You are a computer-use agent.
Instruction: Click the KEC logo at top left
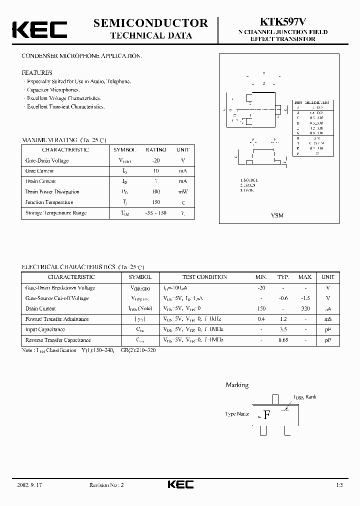pyautogui.click(x=39, y=29)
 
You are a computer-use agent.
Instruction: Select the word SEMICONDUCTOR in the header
pyautogui.click(x=150, y=22)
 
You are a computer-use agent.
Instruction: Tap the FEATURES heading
pyautogui.click(x=36, y=72)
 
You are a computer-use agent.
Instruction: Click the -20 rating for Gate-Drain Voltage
pyautogui.click(x=155, y=160)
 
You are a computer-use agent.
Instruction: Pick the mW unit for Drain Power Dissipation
pyautogui.click(x=182, y=192)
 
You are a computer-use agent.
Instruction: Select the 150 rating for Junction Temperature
pyautogui.click(x=155, y=202)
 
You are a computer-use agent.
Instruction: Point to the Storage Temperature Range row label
pyautogui.click(x=55, y=213)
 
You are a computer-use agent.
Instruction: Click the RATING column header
pyautogui.click(x=155, y=150)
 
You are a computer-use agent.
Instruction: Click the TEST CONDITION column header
pyautogui.click(x=204, y=277)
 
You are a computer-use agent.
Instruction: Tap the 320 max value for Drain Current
pyautogui.click(x=305, y=308)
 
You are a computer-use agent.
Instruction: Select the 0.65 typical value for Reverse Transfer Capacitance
pyautogui.click(x=283, y=340)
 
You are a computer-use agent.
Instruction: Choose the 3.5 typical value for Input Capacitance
pyautogui.click(x=283, y=329)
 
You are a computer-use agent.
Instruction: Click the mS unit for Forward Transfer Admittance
pyautogui.click(x=328, y=319)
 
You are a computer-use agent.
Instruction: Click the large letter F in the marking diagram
pyautogui.click(x=267, y=414)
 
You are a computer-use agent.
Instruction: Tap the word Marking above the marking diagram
pyautogui.click(x=236, y=385)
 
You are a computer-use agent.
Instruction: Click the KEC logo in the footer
pyautogui.click(x=180, y=484)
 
